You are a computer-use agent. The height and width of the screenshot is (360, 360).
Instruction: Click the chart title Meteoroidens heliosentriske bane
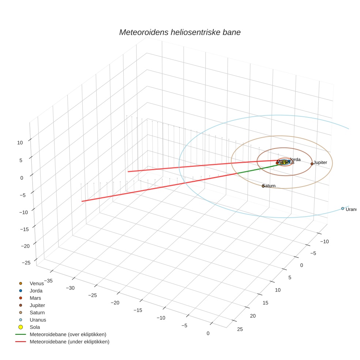[180, 32]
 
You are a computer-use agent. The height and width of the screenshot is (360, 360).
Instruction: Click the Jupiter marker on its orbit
[312, 164]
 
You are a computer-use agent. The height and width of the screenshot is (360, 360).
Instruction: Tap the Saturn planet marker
[263, 186]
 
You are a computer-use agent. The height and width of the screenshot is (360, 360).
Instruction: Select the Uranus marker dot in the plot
[342, 209]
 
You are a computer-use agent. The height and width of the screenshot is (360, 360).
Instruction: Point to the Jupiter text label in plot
[320, 162]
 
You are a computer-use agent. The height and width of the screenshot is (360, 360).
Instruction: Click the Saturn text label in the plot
[269, 186]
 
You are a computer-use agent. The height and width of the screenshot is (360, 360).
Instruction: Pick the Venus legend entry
[37, 284]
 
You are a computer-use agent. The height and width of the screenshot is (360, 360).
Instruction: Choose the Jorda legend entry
[36, 291]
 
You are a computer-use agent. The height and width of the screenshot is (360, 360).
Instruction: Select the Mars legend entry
[35, 298]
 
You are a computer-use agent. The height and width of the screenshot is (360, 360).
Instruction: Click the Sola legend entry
[35, 327]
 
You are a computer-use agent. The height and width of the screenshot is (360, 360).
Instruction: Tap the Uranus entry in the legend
[38, 320]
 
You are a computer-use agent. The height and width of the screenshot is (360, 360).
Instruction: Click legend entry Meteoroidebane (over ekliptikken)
[68, 334]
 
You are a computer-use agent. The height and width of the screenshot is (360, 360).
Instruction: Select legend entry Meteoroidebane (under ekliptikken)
[69, 342]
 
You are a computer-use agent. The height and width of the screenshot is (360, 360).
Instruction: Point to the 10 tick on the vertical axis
[20, 143]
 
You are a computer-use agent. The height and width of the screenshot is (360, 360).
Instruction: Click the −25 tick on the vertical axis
[26, 263]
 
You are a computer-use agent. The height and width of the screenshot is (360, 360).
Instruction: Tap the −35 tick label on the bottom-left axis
[48, 281]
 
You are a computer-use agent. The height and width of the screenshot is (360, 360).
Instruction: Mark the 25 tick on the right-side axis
[240, 329]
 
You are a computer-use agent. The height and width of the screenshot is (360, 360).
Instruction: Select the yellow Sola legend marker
[21, 327]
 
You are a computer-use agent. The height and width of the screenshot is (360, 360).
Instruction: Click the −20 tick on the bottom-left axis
[115, 303]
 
